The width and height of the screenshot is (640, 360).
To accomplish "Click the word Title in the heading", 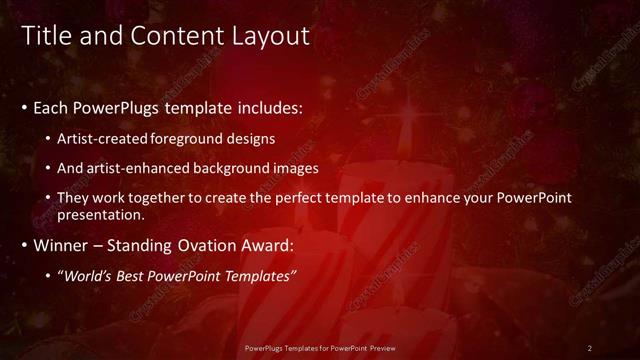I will (x=45, y=36).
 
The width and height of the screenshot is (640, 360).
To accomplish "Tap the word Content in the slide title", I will (x=176, y=36).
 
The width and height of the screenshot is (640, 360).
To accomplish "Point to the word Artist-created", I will (x=103, y=138).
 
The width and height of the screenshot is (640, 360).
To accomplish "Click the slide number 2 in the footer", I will (x=590, y=347).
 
